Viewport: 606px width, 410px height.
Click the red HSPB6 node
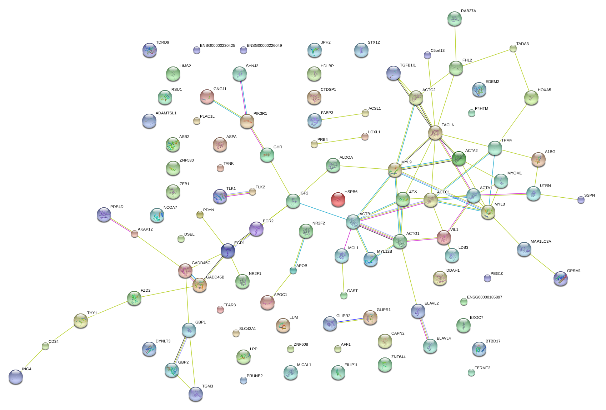[338, 199]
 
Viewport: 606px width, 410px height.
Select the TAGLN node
[435, 133]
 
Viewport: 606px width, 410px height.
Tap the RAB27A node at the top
[454, 19]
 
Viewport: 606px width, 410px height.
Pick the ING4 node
[16, 376]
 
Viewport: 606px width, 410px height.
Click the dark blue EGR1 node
[228, 251]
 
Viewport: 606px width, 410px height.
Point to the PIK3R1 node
[247, 122]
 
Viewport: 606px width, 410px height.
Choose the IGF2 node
[293, 201]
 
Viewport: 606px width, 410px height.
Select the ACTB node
[353, 222]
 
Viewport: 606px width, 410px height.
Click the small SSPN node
[581, 200]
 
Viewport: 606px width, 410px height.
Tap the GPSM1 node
[560, 278]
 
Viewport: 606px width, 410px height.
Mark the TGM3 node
[195, 394]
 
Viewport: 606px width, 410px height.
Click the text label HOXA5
[544, 90]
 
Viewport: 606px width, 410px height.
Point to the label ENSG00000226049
[264, 46]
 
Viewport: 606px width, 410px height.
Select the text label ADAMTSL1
[166, 113]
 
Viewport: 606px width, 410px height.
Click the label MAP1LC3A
[541, 242]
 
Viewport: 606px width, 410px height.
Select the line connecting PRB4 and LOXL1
[339, 141]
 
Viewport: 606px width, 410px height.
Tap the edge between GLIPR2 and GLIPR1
[350, 321]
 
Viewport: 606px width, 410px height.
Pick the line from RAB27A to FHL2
[455, 43]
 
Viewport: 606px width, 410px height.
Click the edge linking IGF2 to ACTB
[323, 211]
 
